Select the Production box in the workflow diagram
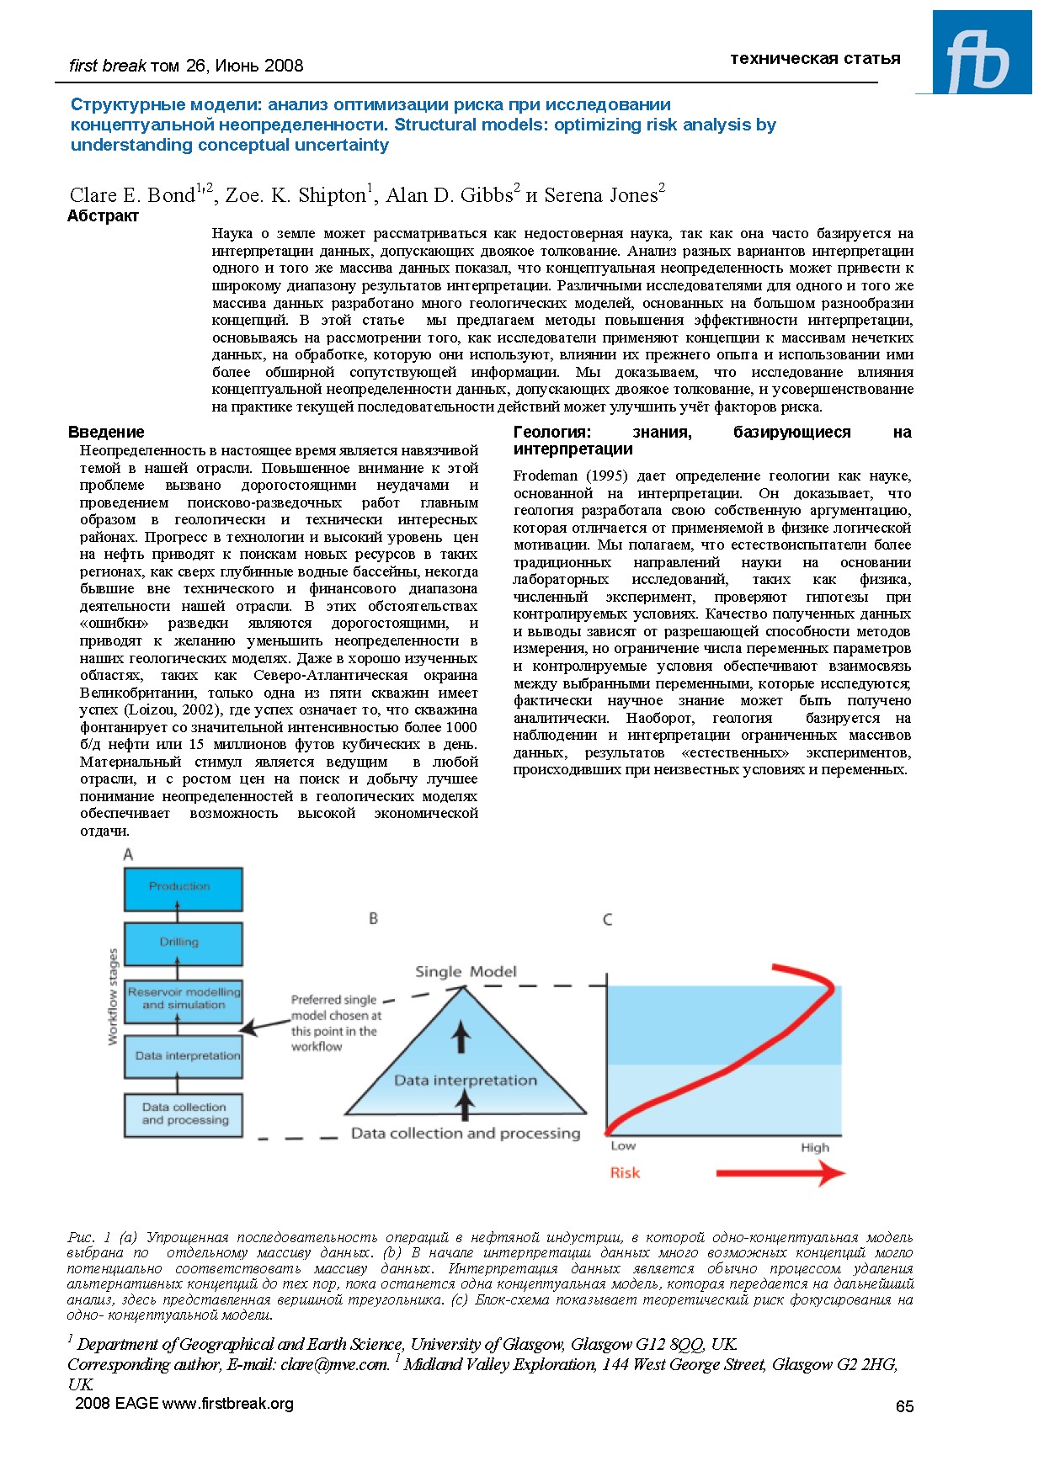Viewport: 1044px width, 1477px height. pyautogui.click(x=183, y=889)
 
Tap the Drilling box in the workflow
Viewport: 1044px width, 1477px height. pyautogui.click(x=183, y=943)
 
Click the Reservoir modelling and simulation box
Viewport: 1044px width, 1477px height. pyautogui.click(x=183, y=1000)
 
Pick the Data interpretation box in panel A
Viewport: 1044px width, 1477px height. pyautogui.click(x=183, y=1055)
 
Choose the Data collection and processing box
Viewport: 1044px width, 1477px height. pyautogui.click(x=183, y=1114)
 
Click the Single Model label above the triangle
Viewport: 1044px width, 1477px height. pyautogui.click(x=466, y=972)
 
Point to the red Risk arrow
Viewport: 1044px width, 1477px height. pyautogui.click(x=780, y=1173)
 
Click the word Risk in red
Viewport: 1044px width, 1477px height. pyautogui.click(x=625, y=1173)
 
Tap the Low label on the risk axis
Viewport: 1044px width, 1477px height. pyautogui.click(x=623, y=1146)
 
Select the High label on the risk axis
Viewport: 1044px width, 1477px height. pyautogui.click(x=814, y=1148)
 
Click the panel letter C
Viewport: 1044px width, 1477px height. pyautogui.click(x=607, y=920)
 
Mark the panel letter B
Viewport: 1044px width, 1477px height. pyautogui.click(x=373, y=918)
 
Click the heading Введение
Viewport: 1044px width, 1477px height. pyautogui.click(x=106, y=433)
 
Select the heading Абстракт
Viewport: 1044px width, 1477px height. pyautogui.click(x=103, y=216)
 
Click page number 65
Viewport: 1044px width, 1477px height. pyautogui.click(x=904, y=1406)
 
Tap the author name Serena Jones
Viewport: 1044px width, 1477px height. pyautogui.click(x=600, y=195)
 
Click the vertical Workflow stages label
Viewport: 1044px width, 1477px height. pyautogui.click(x=113, y=996)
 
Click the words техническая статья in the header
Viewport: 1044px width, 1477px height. pyautogui.click(x=815, y=59)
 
